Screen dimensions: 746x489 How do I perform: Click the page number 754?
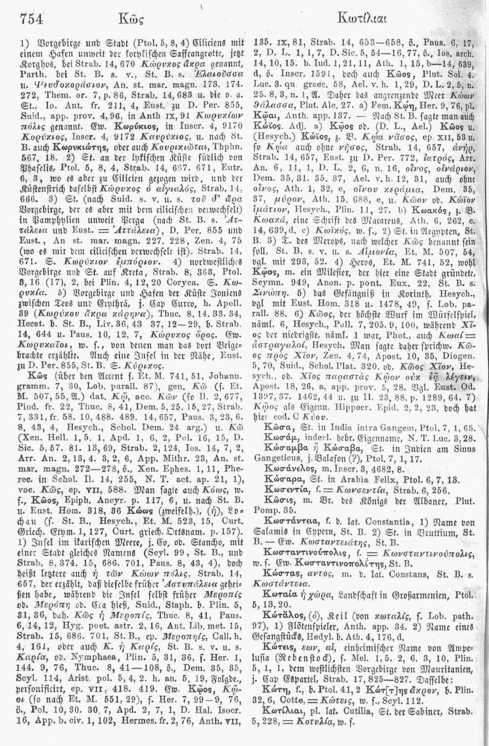pos(31,19)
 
